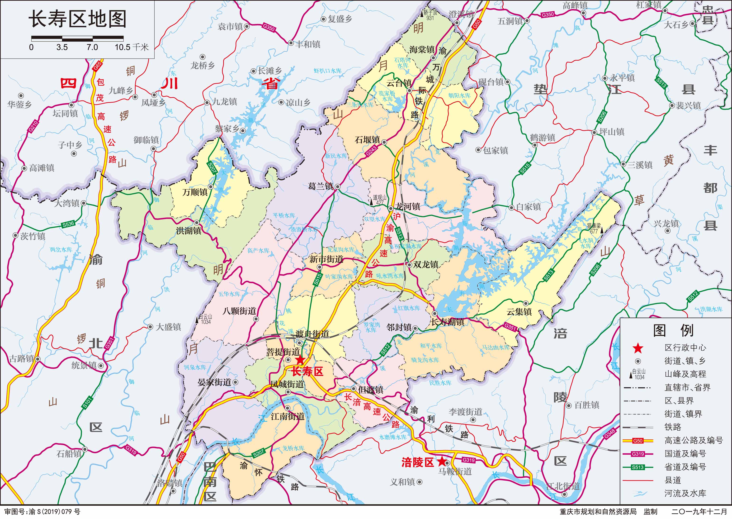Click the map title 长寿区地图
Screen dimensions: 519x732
click(77, 19)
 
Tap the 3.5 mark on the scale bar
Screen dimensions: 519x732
click(62, 47)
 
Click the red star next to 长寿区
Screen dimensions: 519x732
click(300, 360)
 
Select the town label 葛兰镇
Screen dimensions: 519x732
click(320, 186)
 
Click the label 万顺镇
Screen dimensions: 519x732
click(195, 192)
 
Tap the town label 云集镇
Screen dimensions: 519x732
click(519, 312)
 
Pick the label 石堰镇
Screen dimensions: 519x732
click(367, 140)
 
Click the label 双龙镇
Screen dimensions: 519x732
click(426, 265)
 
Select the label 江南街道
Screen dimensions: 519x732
click(288, 417)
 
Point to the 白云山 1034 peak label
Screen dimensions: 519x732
click(205, 319)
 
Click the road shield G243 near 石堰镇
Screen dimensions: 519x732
click(371, 150)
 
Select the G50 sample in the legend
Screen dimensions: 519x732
click(638, 441)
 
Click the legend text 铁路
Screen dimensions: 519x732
click(673, 427)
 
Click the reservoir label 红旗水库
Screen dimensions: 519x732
click(409, 308)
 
